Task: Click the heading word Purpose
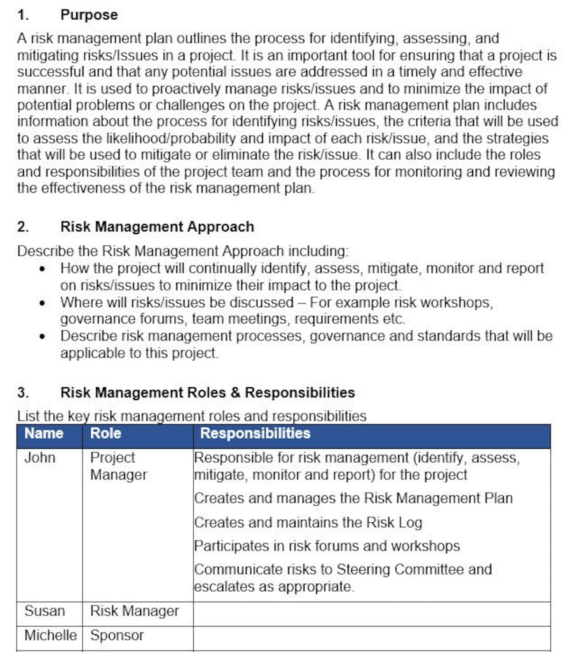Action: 89,15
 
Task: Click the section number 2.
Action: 23,227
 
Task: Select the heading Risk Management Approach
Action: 157,227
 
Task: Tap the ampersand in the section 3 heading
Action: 236,392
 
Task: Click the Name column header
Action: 44,433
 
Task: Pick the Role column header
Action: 106,433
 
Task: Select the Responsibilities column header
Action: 255,433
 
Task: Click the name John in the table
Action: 39,458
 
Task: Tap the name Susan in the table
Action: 45,611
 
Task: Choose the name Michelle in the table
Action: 50,635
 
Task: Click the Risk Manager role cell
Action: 134,611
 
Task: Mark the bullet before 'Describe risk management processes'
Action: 42,337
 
